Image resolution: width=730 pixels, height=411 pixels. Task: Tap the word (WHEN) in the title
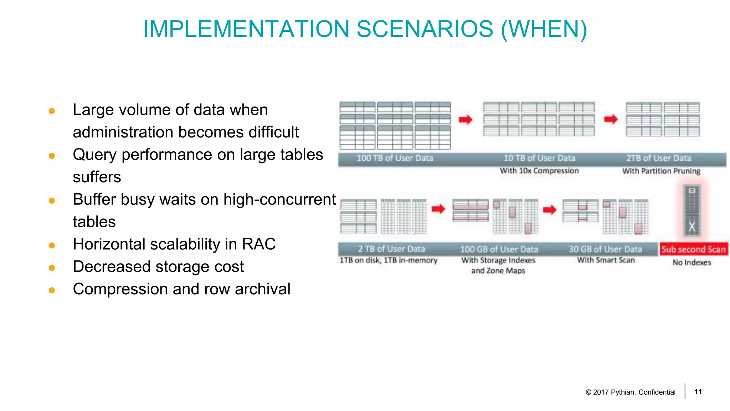pyautogui.click(x=544, y=29)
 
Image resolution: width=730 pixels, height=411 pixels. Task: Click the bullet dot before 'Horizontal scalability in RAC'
pyautogui.click(x=52, y=245)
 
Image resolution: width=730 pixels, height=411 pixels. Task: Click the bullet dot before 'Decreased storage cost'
pyautogui.click(x=52, y=268)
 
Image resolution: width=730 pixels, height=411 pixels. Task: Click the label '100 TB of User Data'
pyautogui.click(x=395, y=158)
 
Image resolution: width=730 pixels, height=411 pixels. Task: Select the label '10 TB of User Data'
pyautogui.click(x=539, y=158)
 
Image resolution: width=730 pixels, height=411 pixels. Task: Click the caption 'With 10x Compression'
pyautogui.click(x=539, y=171)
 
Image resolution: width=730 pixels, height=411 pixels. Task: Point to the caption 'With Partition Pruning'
pyautogui.click(x=661, y=171)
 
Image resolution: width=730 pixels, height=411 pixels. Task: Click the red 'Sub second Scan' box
pyautogui.click(x=693, y=249)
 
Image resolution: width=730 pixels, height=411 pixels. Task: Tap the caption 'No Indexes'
pyautogui.click(x=692, y=263)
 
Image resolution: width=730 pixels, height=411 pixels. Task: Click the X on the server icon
pyautogui.click(x=692, y=227)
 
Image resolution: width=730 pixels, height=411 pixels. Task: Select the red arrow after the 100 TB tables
pyautogui.click(x=466, y=120)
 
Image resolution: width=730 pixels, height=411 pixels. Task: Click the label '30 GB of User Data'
pyautogui.click(x=605, y=249)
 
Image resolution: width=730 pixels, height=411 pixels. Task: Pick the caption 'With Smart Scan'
pyautogui.click(x=606, y=260)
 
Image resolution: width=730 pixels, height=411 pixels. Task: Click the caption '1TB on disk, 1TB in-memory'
pyautogui.click(x=388, y=260)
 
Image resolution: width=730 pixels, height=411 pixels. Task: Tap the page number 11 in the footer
pyautogui.click(x=698, y=392)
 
